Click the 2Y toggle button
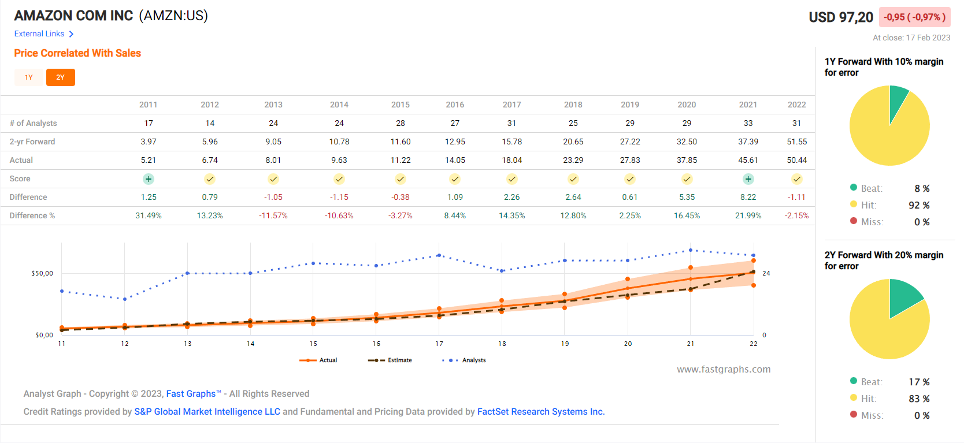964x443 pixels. (60, 77)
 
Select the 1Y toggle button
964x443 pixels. (29, 77)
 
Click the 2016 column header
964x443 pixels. (455, 105)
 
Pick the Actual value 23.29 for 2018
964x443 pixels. (573, 160)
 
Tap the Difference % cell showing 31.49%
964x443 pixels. (149, 215)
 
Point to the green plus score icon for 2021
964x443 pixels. (748, 179)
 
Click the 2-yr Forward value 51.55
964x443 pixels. (796, 142)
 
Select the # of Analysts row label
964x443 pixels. (33, 123)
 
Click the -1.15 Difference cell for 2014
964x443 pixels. (339, 197)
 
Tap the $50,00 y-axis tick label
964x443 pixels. (42, 273)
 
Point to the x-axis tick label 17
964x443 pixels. (439, 344)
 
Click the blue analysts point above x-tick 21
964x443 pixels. (690, 250)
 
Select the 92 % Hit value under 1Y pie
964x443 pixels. (918, 205)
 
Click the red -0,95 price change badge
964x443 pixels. (914, 17)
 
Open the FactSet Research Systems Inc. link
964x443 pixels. (540, 412)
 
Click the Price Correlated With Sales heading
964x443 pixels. (77, 53)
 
